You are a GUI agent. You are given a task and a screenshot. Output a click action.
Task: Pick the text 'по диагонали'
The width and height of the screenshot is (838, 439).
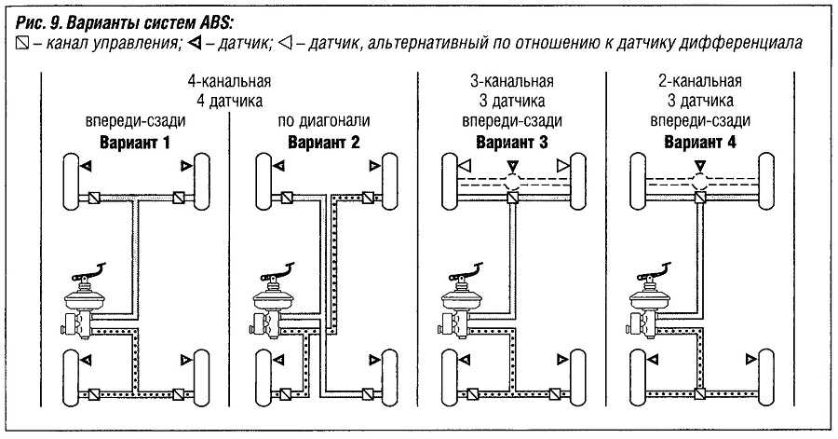pyautogui.click(x=323, y=121)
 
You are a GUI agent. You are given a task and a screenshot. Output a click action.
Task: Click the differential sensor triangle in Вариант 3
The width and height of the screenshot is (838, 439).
pyautogui.click(x=511, y=167)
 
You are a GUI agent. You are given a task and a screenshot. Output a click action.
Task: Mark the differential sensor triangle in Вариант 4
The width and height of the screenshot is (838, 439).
pyautogui.click(x=699, y=167)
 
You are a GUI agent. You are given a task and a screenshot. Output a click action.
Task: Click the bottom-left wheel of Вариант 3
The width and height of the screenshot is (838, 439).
pyautogui.click(x=445, y=372)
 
